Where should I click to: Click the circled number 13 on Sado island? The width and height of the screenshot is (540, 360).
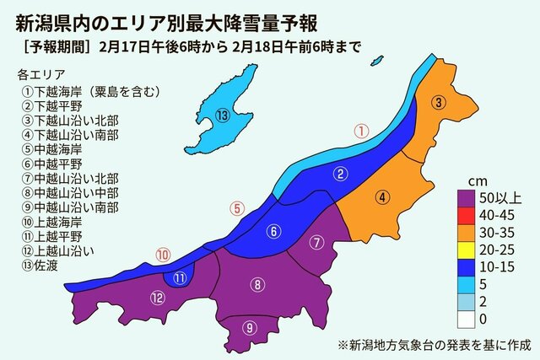click(222, 116)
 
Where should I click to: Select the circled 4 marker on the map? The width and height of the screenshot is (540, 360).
click(382, 198)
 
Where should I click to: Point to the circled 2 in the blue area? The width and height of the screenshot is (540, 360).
click(339, 175)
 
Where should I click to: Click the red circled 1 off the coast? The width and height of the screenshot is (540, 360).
click(360, 131)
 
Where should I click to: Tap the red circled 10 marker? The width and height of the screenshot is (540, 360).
click(163, 253)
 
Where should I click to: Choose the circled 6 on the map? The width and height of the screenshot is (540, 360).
click(274, 231)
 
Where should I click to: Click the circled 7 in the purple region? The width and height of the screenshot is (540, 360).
click(316, 244)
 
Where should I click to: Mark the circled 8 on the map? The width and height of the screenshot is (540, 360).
click(256, 285)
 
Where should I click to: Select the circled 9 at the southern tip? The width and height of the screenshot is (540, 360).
click(249, 328)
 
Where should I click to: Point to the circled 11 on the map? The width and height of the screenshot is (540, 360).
click(180, 277)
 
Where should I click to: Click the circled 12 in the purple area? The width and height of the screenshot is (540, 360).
click(158, 296)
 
